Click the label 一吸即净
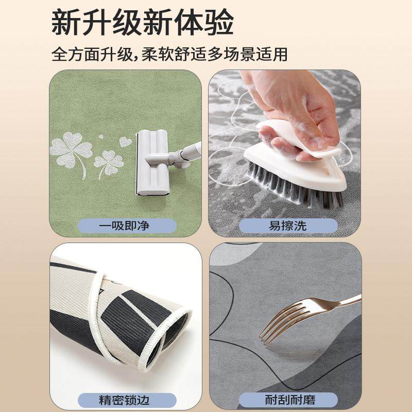click(127, 225)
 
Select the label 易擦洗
click(288, 225)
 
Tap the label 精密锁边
click(127, 399)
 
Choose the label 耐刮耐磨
click(288, 399)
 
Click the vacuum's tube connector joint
click(178, 156)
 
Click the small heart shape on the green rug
click(125, 141)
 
